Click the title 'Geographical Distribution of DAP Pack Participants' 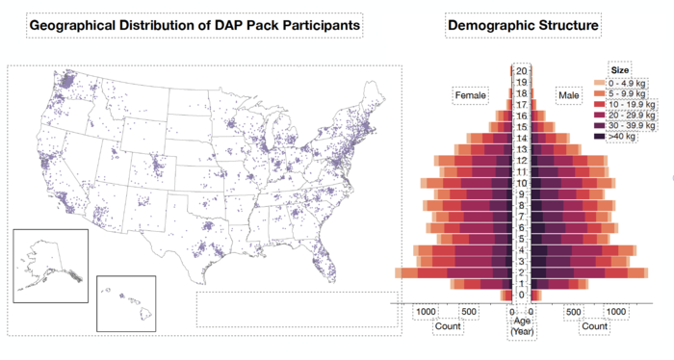coord(194,24)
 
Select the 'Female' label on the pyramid coord(471,96)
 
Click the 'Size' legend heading coord(621,69)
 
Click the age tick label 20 coord(521,71)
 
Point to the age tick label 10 coord(521,183)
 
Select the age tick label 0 coord(521,295)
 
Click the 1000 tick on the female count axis coord(426,312)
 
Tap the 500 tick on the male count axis coord(573,312)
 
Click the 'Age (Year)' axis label coord(521,325)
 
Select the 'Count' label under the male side coord(594,326)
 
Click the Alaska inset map coord(50,265)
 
